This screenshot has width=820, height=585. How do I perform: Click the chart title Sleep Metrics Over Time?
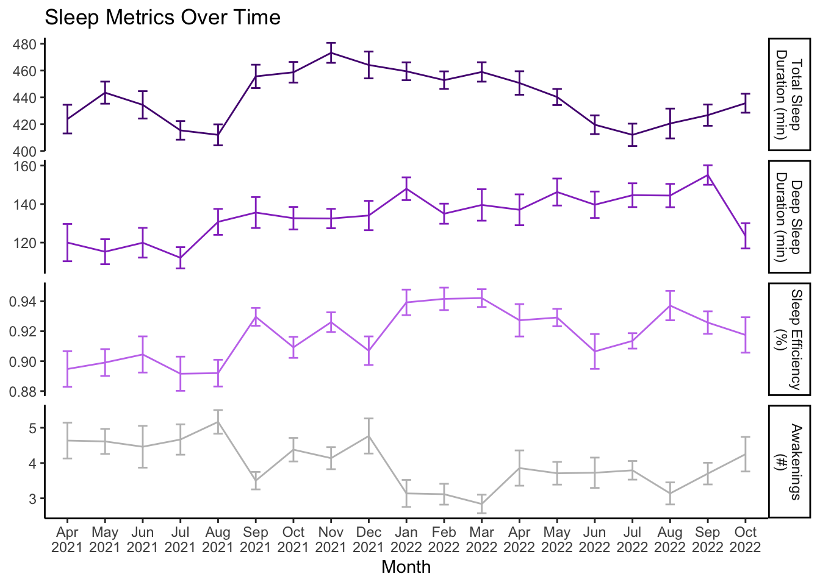pos(162,18)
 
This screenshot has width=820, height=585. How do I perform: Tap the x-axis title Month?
pos(406,567)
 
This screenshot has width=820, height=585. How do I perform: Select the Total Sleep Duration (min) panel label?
pos(788,94)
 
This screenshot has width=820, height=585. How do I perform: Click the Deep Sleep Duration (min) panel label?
pos(788,216)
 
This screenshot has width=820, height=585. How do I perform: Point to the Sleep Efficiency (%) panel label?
pos(788,339)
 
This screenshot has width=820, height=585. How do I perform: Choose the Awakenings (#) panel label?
pos(788,461)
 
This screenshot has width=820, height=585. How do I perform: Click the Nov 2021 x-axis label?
pos(331,540)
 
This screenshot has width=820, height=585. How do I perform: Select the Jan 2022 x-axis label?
pos(406,540)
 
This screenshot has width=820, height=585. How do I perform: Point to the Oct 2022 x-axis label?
pos(745,540)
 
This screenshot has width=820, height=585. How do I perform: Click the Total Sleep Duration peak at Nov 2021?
pos(331,52)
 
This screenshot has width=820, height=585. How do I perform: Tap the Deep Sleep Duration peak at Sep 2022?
pos(708,175)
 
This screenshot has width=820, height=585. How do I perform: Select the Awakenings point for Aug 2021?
pos(218,422)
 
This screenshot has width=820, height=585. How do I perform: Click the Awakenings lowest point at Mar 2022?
pos(481,504)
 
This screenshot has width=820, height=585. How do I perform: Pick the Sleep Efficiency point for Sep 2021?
pos(256,316)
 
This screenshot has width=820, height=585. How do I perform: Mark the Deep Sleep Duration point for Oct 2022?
pos(745,236)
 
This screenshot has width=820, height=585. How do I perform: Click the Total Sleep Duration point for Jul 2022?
pos(632,135)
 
